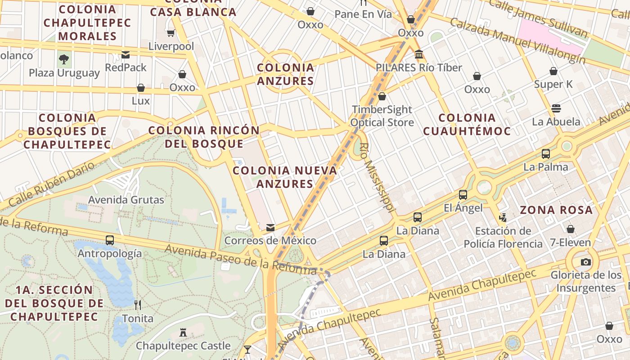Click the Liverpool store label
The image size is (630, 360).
coord(171,46)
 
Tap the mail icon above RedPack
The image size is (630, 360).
coord(126,55)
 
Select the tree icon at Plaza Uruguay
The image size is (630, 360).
coord(64,59)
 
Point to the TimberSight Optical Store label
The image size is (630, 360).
coord(382,116)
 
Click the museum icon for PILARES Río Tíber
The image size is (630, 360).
coord(419,54)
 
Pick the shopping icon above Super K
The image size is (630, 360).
coord(553,71)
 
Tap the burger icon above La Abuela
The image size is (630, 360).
coord(556,108)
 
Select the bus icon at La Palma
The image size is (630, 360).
coord(546,154)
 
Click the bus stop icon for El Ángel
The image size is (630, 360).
coord(463,195)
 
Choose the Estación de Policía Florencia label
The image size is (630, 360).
coord(503,238)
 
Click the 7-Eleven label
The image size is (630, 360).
coord(570,243)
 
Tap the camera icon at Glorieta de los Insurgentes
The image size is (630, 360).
coord(585,262)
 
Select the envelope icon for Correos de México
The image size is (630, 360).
coord(270,228)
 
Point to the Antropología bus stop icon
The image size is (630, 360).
coord(110,240)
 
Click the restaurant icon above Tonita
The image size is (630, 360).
coord(138,305)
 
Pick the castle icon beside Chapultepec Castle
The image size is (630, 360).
coord(183,333)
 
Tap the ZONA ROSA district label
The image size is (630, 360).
coord(556,210)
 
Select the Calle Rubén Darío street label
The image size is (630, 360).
coord(52,184)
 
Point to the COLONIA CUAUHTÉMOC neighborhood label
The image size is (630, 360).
coord(467,124)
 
